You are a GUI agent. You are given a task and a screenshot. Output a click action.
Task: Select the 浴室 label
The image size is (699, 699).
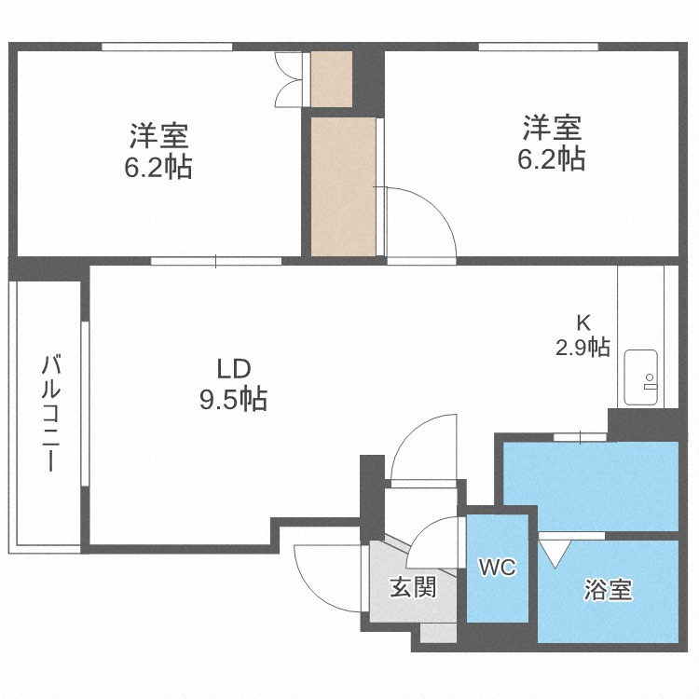click(608, 590)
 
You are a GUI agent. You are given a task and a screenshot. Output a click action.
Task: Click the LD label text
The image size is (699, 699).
click(234, 366)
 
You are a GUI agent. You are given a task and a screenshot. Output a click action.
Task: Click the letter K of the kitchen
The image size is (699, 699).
click(583, 322)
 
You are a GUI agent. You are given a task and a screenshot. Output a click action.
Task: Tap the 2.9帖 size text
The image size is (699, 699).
click(583, 348)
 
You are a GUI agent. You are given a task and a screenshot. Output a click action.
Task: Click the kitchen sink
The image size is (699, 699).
click(642, 377)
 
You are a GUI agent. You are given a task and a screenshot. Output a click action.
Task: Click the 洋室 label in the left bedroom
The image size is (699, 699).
click(159, 136)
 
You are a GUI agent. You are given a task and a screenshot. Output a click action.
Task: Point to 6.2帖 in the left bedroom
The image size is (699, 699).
click(159, 168)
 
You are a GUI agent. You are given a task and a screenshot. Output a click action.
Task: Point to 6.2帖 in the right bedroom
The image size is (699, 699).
click(552, 158)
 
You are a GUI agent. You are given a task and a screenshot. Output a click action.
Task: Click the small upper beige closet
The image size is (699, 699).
click(331, 79)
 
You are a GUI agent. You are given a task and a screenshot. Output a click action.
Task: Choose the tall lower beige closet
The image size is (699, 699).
click(342, 185)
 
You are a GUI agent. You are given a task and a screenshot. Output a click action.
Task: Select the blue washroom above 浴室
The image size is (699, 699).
click(589, 486)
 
